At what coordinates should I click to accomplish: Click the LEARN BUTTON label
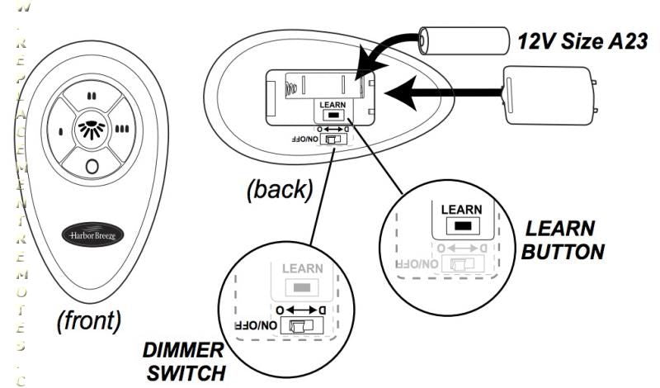pos(561,239)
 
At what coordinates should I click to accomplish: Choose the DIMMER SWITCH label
pos(184,361)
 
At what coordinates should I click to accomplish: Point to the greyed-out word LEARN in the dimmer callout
pos(303,269)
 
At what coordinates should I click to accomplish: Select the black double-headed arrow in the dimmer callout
pos(303,307)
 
